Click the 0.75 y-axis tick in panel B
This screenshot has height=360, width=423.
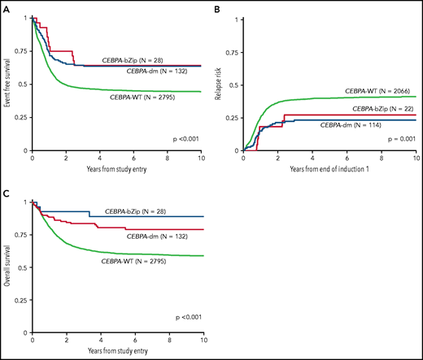(234, 51)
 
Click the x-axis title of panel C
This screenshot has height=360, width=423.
(116, 355)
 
